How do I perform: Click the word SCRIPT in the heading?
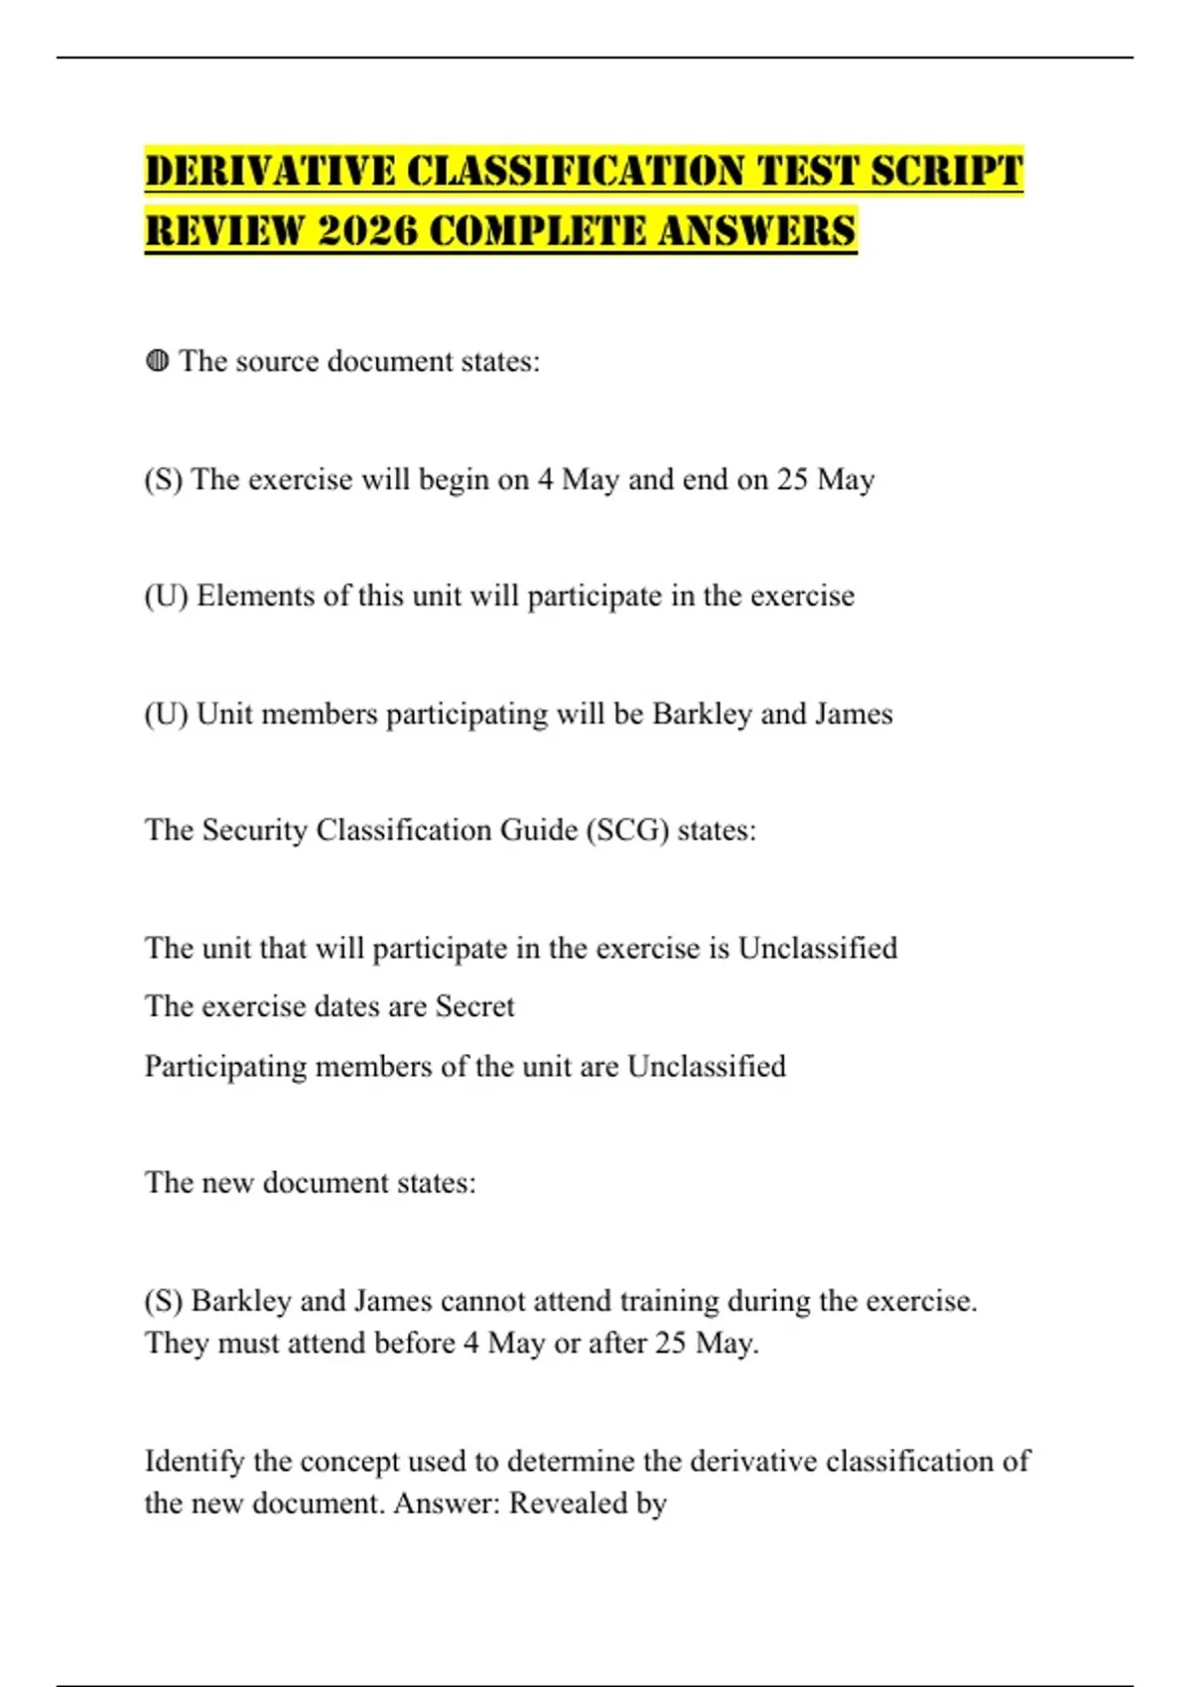tap(947, 171)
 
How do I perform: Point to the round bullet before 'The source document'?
tap(157, 361)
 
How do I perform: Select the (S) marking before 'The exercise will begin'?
tap(164, 479)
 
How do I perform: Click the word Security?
tap(254, 830)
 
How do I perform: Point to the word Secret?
tap(474, 1006)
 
